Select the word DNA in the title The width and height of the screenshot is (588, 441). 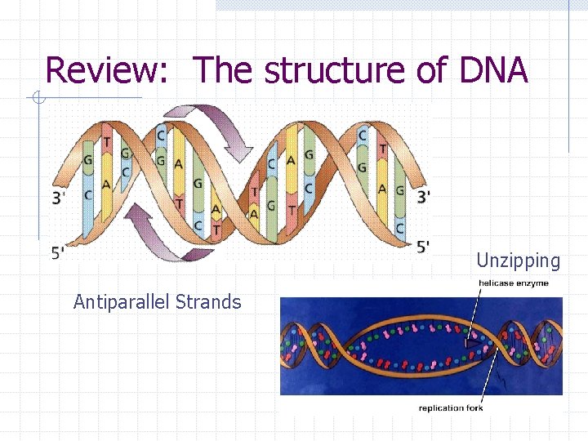tap(493, 71)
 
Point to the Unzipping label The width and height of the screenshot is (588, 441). tap(519, 261)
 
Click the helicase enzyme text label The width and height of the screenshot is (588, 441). tap(513, 283)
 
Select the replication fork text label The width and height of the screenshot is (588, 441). tap(451, 408)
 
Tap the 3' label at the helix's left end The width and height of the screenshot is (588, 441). tap(60, 197)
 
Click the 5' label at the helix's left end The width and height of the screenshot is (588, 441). tap(60, 252)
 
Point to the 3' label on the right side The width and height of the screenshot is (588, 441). tap(423, 197)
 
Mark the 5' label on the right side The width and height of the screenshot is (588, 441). tap(423, 246)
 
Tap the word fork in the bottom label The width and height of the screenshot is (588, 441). tap(474, 408)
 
